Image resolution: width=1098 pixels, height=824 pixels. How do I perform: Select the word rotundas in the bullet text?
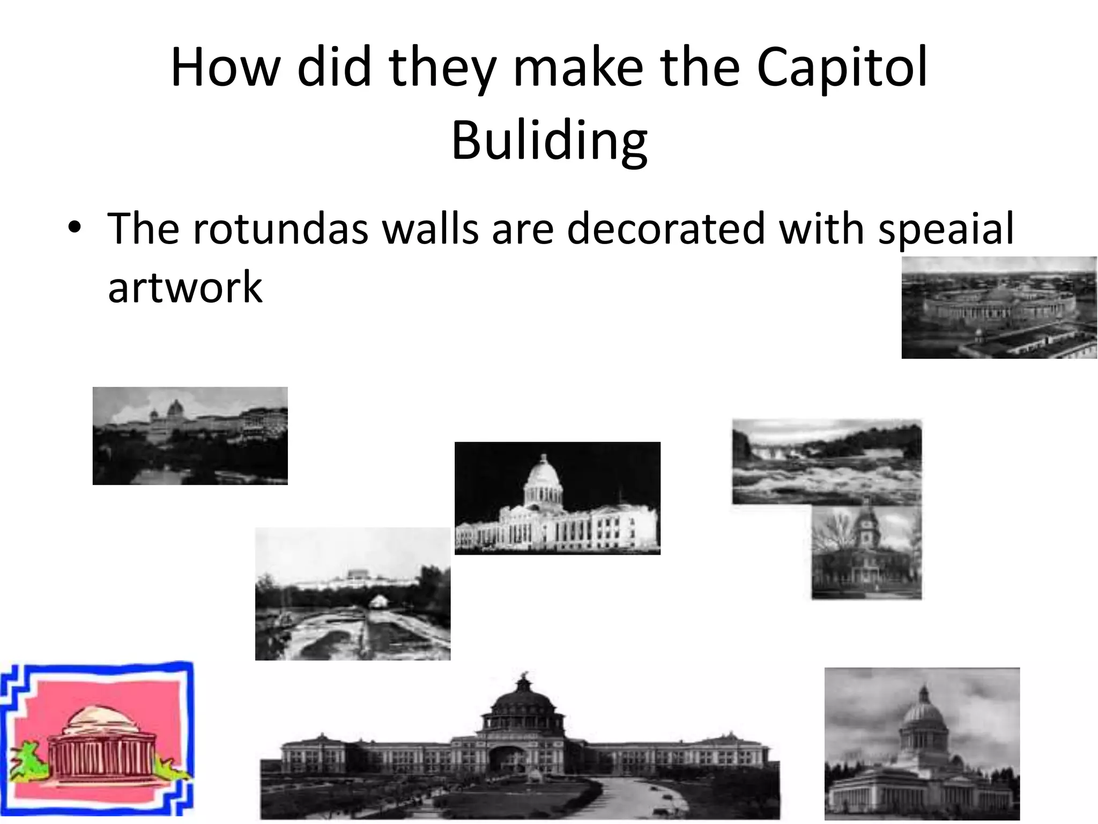point(279,229)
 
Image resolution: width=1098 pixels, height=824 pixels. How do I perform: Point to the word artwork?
point(185,288)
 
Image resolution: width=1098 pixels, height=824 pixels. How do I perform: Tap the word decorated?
point(665,229)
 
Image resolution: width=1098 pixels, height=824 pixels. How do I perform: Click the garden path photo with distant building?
point(352,594)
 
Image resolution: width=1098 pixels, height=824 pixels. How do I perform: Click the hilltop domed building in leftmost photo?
point(175,410)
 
